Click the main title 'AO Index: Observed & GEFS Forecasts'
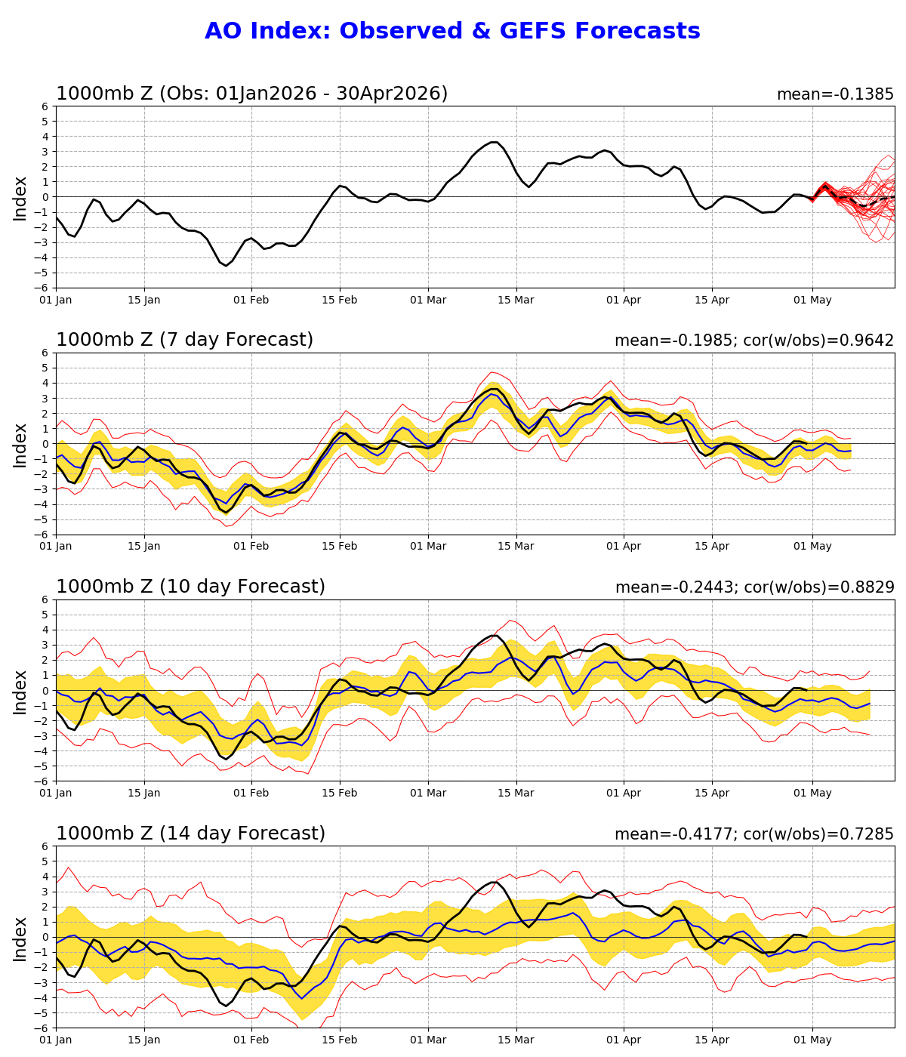coord(452,32)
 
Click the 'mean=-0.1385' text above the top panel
coord(835,95)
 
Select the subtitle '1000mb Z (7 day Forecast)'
coord(184,341)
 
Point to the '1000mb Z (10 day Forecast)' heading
coord(190,587)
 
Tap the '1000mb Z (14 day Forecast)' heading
coord(190,834)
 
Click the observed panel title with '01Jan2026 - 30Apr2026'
coord(251,94)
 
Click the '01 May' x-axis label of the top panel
coord(812,300)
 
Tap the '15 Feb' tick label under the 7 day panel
coord(339,547)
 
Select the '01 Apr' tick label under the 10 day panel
coord(624,794)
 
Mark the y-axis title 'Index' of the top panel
coord(20,198)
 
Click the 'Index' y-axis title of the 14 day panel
coord(20,938)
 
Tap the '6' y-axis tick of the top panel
coord(45,106)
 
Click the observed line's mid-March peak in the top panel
coord(494,142)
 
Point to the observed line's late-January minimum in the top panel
coord(225,266)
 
